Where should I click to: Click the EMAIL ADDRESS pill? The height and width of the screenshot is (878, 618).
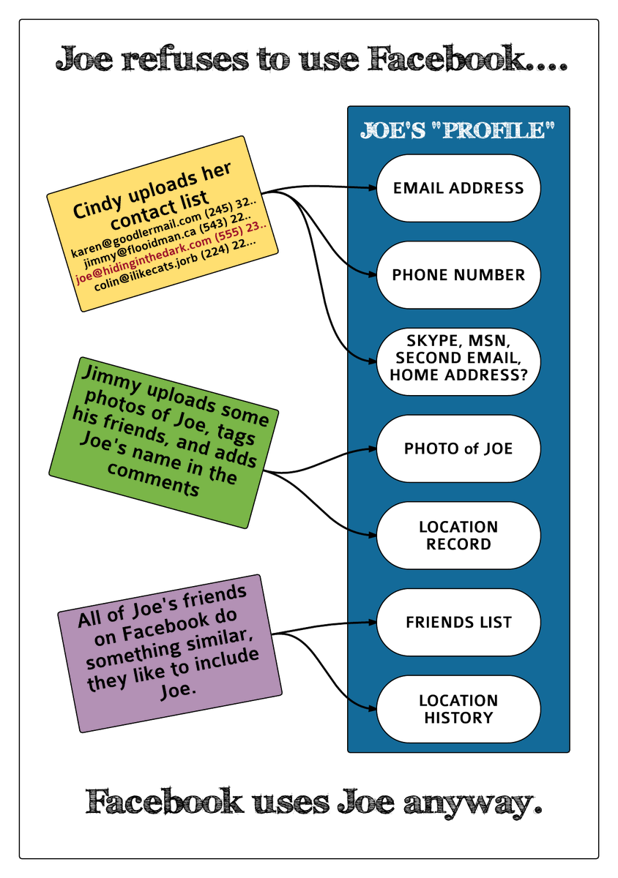(458, 188)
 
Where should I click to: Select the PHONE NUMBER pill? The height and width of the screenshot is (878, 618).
(458, 275)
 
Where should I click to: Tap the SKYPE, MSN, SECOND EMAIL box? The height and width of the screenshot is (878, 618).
(458, 358)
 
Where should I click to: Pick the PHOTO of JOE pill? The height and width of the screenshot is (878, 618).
(458, 449)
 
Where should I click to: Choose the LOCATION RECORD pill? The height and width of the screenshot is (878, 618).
(458, 536)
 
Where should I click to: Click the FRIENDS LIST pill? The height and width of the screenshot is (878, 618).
(458, 623)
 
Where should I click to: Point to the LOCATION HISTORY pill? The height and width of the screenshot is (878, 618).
(458, 710)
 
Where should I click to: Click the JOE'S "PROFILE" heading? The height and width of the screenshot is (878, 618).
(458, 132)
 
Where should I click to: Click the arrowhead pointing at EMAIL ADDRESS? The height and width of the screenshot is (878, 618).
(371, 188)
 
